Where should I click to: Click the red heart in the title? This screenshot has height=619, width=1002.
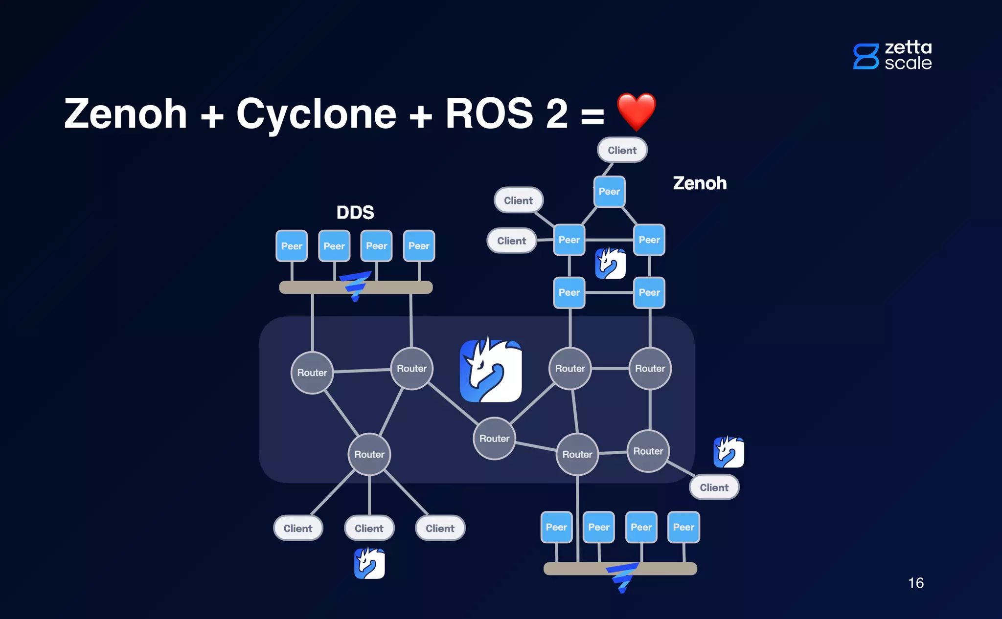(636, 111)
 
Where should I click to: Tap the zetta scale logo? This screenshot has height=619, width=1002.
(892, 55)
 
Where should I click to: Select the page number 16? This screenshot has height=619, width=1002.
(915, 583)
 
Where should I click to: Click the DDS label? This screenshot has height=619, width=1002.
(355, 213)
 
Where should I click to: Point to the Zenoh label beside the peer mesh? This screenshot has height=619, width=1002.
(700, 183)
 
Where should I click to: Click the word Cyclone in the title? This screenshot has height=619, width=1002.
(316, 113)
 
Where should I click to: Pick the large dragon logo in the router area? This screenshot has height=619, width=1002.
(491, 371)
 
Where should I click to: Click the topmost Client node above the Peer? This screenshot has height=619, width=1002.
(622, 150)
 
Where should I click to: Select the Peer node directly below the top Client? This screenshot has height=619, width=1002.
(609, 192)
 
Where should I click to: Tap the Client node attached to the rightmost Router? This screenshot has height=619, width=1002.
(714, 487)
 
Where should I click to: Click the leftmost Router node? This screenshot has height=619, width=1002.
(312, 373)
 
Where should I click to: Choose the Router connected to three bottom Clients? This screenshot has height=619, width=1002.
(369, 454)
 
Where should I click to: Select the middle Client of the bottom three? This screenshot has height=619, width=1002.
(369, 528)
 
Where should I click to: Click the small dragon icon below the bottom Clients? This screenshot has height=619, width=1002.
(369, 563)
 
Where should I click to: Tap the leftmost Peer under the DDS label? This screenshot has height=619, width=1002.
(292, 246)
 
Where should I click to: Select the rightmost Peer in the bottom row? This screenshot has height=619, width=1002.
(683, 527)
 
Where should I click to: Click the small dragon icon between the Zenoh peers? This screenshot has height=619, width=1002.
(610, 264)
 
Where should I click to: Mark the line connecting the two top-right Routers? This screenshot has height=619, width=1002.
(610, 368)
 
